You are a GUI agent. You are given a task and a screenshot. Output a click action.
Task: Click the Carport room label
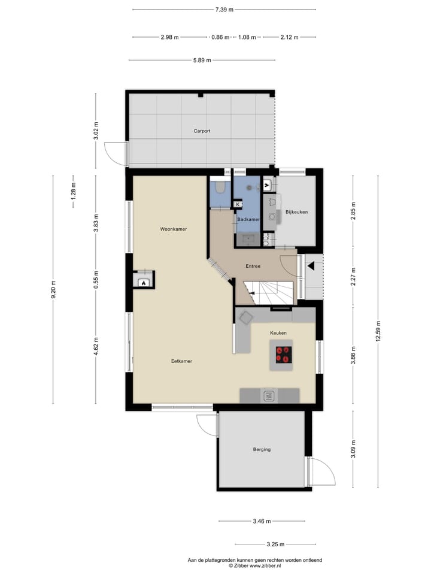[202, 131]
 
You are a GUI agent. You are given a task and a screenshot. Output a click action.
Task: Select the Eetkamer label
[181, 361]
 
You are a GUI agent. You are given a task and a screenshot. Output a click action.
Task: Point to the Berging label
[262, 449]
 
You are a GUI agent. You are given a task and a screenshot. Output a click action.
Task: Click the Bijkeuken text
[296, 212]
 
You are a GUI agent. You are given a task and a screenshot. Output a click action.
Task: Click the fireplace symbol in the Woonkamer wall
[143, 281]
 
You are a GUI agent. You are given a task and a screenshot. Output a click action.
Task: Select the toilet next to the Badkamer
[219, 189]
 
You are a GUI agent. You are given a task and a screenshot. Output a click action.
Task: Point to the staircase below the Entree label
[272, 294]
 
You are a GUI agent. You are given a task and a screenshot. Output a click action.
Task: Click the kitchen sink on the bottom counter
[269, 395]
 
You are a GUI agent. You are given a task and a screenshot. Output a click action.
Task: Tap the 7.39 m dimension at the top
[224, 10]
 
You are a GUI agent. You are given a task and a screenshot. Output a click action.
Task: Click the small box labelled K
[238, 204]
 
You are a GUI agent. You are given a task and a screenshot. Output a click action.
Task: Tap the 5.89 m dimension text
[202, 60]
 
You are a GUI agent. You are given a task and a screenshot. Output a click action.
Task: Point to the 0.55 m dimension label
[95, 280]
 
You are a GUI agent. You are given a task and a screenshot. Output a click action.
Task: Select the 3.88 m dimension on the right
[353, 355]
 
